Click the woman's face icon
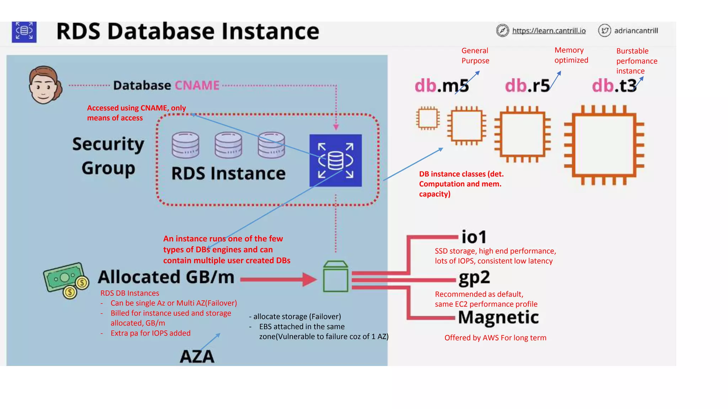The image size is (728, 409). click(x=44, y=85)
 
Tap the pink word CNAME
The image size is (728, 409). click(x=197, y=86)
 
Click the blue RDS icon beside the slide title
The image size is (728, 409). click(x=24, y=32)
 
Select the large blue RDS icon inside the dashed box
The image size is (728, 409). click(x=335, y=160)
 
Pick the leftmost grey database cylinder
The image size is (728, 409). click(x=185, y=145)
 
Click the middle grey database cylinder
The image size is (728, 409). click(x=228, y=145)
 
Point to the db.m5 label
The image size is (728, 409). click(x=441, y=86)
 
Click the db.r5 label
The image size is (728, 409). click(x=527, y=86)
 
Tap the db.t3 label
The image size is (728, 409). click(x=614, y=86)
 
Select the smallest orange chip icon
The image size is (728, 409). click(x=428, y=118)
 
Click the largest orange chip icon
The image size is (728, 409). click(x=604, y=145)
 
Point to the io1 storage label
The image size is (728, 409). click(x=473, y=237)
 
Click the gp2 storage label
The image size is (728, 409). click(x=474, y=278)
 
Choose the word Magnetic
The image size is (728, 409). click(x=498, y=317)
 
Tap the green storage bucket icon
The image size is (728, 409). click(x=336, y=277)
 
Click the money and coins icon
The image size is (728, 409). click(x=66, y=280)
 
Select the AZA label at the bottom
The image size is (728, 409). click(x=197, y=356)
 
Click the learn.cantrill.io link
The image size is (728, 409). click(x=548, y=31)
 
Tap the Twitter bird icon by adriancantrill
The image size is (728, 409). click(x=604, y=31)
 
